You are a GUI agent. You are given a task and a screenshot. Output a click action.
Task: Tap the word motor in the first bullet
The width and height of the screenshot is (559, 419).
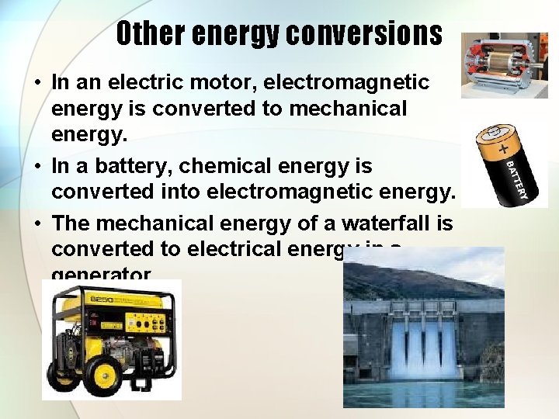click(234, 81)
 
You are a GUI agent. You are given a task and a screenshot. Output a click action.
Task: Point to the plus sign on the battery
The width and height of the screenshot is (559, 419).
click(505, 147)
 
